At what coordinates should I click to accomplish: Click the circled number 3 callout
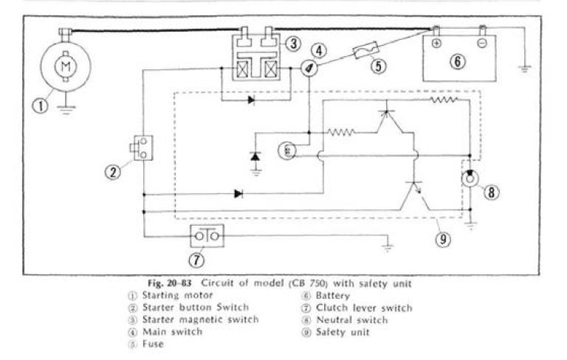[x=293, y=44]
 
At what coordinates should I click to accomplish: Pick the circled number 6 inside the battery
[x=458, y=61]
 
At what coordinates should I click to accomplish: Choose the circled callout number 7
[x=196, y=259]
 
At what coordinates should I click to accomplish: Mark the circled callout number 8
[x=492, y=193]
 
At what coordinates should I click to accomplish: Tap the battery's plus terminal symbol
[x=436, y=43]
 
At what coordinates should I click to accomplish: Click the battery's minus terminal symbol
[x=481, y=43]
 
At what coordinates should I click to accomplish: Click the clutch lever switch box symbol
[x=207, y=236]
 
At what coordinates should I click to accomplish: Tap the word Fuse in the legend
[x=143, y=344]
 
